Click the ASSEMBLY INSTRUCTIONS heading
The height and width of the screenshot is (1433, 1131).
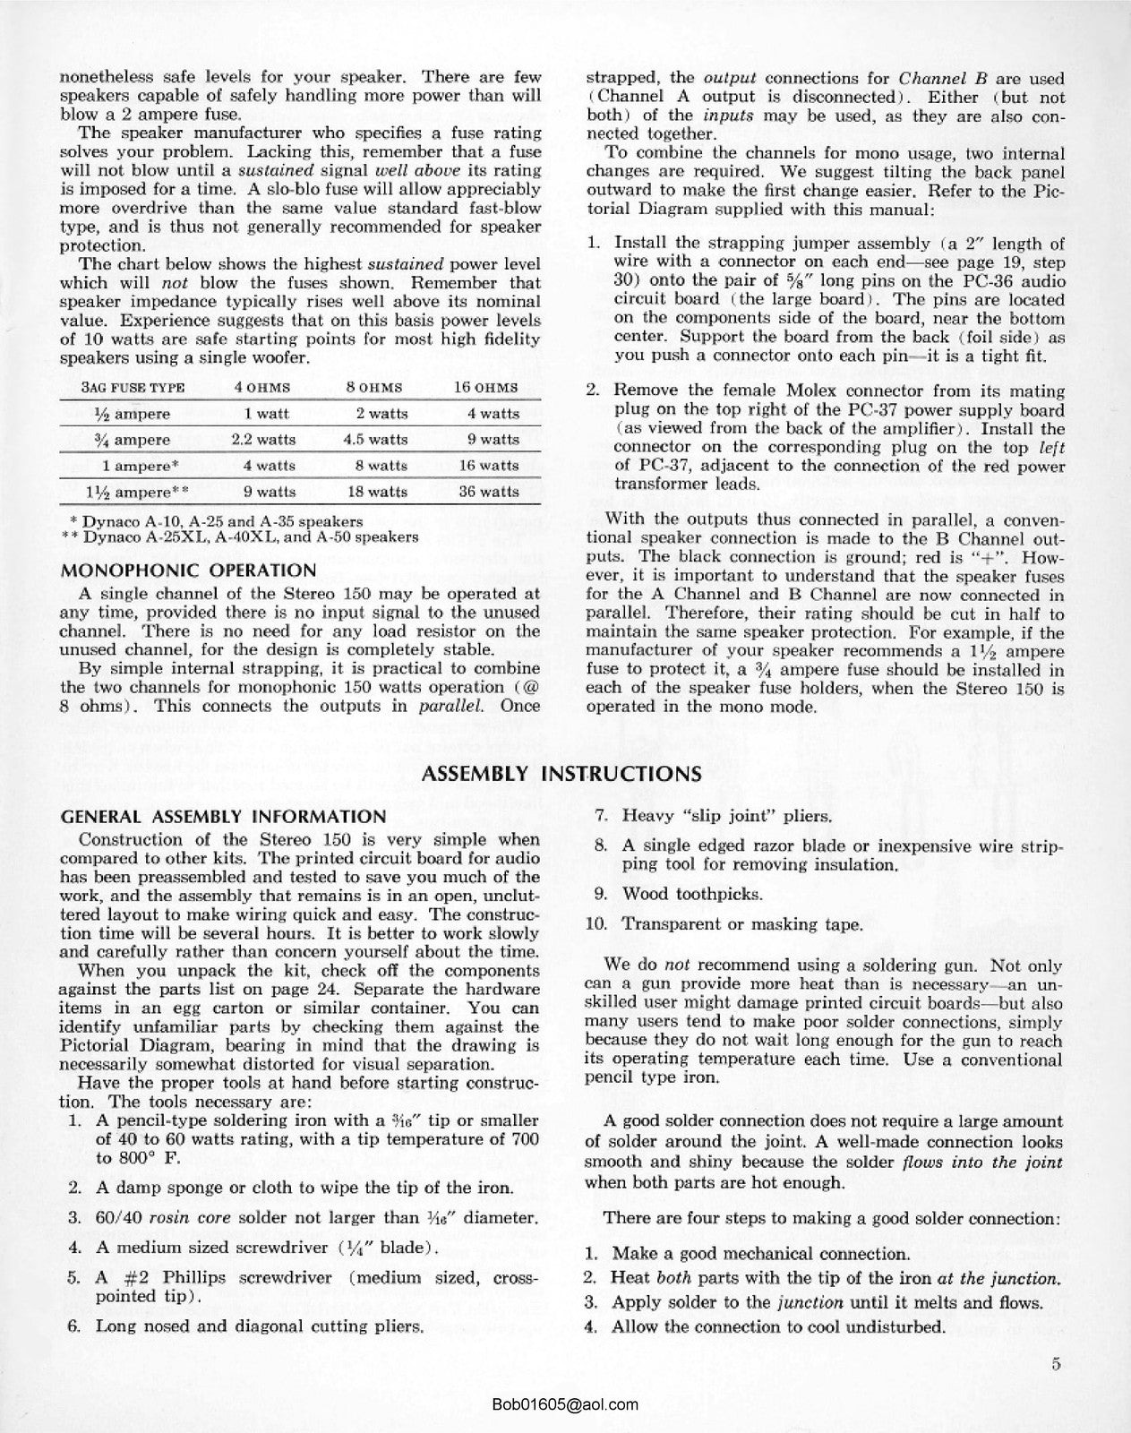[x=561, y=774]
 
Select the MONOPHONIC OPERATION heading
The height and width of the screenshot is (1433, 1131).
[x=187, y=571]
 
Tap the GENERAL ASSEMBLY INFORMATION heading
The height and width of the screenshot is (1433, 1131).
[x=222, y=817]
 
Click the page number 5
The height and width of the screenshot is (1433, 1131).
[x=1057, y=1366]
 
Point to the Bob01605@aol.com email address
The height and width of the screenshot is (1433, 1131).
[x=565, y=1405]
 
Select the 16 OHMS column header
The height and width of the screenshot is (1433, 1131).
[x=486, y=388]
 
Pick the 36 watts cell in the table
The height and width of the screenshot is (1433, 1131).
[x=486, y=491]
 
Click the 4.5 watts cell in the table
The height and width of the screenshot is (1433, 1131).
[x=375, y=440]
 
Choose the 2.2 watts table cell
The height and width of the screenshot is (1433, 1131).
[x=262, y=440]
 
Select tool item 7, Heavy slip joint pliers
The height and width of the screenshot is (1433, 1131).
[x=726, y=816]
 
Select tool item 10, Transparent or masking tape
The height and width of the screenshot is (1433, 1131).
[x=741, y=923]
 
